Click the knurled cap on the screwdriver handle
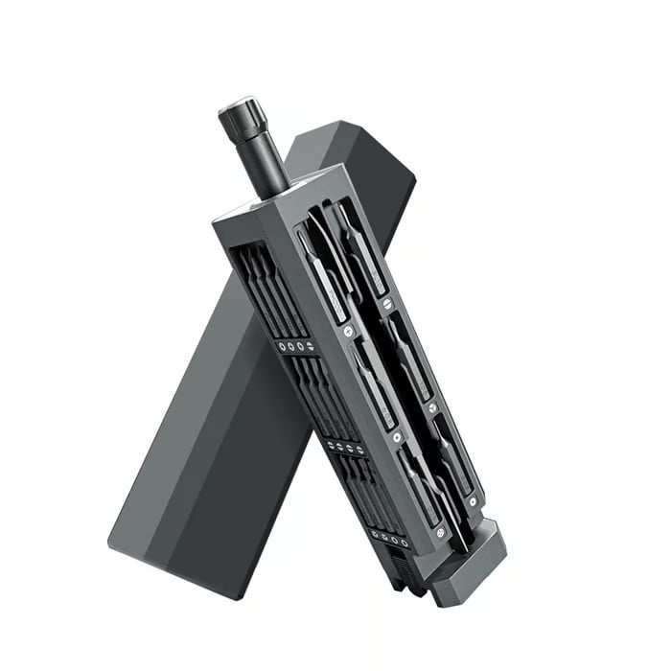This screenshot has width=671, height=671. (241, 120)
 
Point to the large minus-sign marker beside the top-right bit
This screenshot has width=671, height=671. (386, 303)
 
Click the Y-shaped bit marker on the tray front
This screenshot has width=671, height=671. (398, 437)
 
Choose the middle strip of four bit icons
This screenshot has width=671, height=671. (343, 447)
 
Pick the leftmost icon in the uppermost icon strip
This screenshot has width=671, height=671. (280, 342)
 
